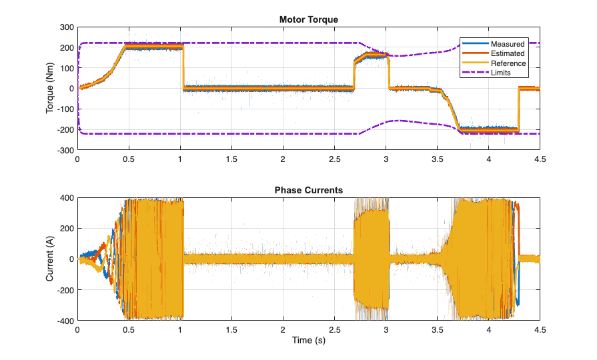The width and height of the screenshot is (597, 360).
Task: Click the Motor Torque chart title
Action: pos(308,19)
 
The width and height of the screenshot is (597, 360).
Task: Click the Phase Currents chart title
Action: pos(308,190)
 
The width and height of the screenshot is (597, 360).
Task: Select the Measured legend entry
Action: pos(508,44)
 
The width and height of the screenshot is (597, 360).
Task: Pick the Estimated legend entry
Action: pos(508,53)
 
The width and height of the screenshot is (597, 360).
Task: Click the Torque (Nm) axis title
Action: pos(51,89)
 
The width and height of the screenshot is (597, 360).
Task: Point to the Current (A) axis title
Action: pos(51,259)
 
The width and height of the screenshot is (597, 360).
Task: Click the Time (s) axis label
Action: pos(308,341)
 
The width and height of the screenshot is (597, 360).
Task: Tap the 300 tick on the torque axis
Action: pos(65,27)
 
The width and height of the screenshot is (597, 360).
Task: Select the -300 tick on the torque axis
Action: pos(64,151)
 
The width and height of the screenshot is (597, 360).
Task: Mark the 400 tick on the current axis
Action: pos(65,198)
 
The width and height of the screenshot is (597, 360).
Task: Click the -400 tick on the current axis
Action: pos(64,321)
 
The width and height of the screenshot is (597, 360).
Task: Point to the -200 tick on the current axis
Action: pos(64,290)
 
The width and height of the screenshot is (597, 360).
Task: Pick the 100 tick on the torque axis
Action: pos(65,68)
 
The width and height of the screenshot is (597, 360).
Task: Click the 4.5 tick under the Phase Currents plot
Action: pos(540,329)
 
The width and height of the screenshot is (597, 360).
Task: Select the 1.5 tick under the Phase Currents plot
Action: pos(231,329)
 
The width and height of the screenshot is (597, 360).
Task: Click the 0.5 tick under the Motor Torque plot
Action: pos(129,159)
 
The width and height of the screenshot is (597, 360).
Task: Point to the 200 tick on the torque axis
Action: pos(65,48)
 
